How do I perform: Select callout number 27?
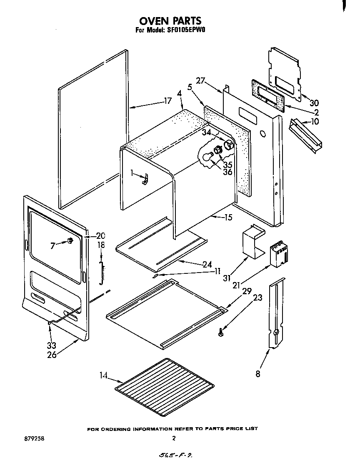click(200, 80)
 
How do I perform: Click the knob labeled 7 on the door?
click(70, 241)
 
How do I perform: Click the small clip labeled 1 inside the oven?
click(145, 180)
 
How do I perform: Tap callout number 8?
click(258, 374)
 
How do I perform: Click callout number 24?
click(207, 264)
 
